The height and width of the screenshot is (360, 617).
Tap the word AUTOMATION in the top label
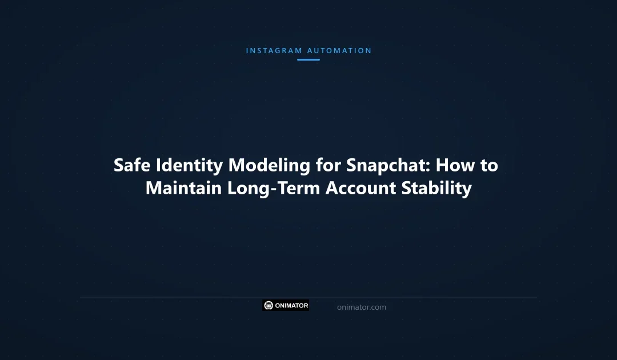click(339, 51)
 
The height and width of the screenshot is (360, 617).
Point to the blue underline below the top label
click(308, 59)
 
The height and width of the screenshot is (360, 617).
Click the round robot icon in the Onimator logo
click(269, 306)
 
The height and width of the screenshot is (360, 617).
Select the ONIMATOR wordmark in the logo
click(291, 306)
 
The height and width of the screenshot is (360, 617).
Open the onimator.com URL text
click(361, 307)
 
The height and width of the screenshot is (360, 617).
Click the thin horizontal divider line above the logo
click(308, 297)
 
